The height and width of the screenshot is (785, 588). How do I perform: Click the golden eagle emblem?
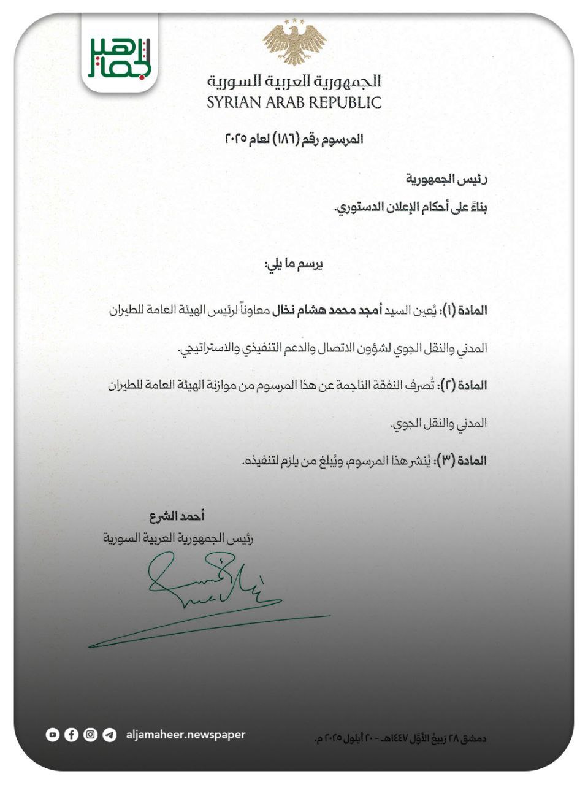pyautogui.click(x=294, y=42)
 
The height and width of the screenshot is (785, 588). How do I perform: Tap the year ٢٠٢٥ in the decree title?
pyautogui.click(x=236, y=139)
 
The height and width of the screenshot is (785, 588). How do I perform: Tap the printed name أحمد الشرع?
pyautogui.click(x=177, y=517)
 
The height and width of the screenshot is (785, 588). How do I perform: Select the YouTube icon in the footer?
pyautogui.click(x=53, y=734)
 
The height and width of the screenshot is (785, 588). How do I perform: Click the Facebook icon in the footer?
pyautogui.click(x=72, y=734)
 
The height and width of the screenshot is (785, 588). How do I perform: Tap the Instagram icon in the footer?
pyautogui.click(x=91, y=734)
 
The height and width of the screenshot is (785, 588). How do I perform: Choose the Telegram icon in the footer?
pyautogui.click(x=110, y=734)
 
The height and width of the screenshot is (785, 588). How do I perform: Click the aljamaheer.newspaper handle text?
pyautogui.click(x=185, y=734)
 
